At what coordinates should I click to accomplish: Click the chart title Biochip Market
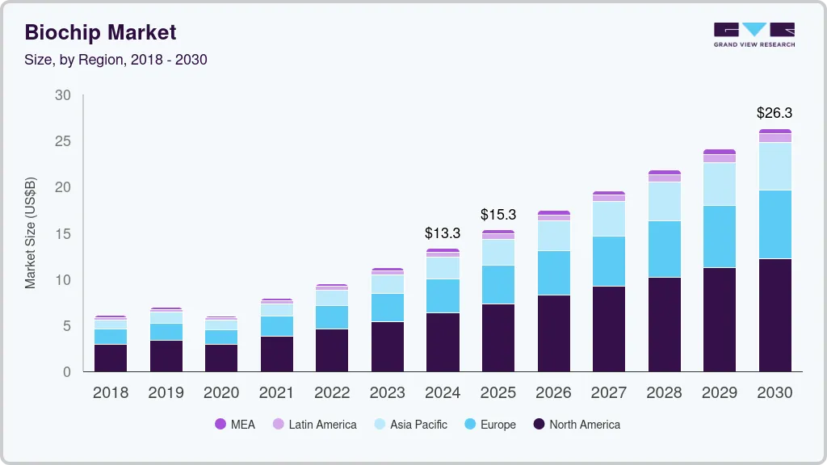pos(100,32)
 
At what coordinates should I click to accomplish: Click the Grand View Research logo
pos(754,35)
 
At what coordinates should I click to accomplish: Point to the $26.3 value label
pos(775,112)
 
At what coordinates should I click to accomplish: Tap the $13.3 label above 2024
pos(443,233)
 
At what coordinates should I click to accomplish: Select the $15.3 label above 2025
pos(497,215)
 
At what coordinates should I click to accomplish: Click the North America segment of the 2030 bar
pos(775,315)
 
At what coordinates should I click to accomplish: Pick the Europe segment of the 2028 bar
pos(664,249)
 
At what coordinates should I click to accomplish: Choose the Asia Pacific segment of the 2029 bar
pos(720,184)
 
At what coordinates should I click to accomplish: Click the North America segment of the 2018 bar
pos(111,358)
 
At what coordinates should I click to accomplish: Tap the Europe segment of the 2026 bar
pos(553,273)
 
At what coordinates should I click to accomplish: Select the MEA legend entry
pos(234,425)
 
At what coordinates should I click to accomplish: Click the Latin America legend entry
pos(314,425)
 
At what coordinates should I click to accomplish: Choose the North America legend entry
pos(576,425)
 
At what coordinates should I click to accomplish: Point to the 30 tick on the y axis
pos(62,95)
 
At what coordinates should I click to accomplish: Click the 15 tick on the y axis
pos(62,234)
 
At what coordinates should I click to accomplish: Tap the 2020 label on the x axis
pos(221,393)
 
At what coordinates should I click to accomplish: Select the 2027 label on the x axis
pos(608,393)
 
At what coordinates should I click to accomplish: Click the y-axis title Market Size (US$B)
pos(31,233)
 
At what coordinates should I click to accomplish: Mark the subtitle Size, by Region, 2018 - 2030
pos(116,60)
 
